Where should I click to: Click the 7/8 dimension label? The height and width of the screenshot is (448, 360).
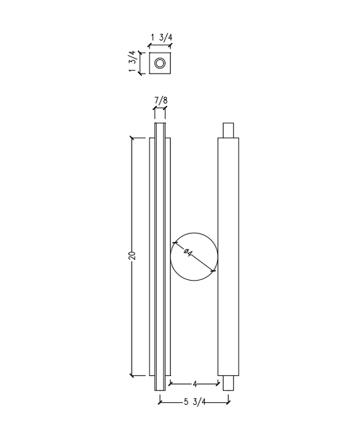click(x=160, y=101)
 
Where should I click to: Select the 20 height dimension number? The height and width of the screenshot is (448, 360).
click(x=133, y=256)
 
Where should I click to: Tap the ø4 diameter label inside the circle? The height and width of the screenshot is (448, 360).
click(x=189, y=254)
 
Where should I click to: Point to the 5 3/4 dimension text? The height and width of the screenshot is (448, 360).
click(x=194, y=404)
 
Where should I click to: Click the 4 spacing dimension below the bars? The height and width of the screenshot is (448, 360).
click(x=195, y=384)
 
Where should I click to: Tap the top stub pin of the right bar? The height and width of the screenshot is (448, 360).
click(x=228, y=130)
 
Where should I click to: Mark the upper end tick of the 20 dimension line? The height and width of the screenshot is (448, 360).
click(x=132, y=138)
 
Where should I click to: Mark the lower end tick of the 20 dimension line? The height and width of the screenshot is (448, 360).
click(x=132, y=375)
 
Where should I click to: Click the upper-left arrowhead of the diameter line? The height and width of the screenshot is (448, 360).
click(x=175, y=243)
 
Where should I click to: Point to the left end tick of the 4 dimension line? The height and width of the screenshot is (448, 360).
click(x=170, y=384)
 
